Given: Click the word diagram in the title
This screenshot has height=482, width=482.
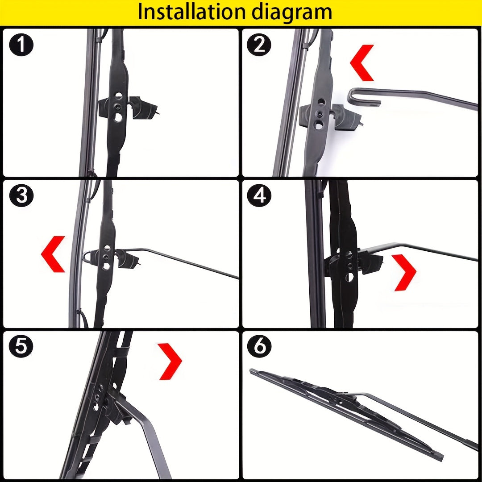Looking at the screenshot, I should [292, 12].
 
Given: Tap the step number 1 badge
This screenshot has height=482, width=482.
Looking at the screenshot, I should [21, 45].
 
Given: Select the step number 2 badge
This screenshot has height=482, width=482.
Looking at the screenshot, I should [259, 45].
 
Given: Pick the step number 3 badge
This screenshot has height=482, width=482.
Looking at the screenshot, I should [21, 196].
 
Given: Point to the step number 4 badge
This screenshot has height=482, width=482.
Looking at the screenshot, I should [259, 196].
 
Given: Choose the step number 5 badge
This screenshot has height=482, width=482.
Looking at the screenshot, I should [21, 347].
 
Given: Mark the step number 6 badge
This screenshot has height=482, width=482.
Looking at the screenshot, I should [259, 347].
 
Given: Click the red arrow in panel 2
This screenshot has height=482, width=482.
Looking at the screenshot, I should [362, 62].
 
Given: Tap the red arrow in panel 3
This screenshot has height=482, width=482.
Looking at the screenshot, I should [53, 254].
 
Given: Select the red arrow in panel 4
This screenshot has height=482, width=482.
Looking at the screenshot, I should [404, 272].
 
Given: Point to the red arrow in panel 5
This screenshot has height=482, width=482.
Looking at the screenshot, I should [170, 361].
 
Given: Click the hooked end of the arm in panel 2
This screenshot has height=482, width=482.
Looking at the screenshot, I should [357, 96].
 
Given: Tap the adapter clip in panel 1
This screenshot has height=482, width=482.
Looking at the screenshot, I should [129, 107].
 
